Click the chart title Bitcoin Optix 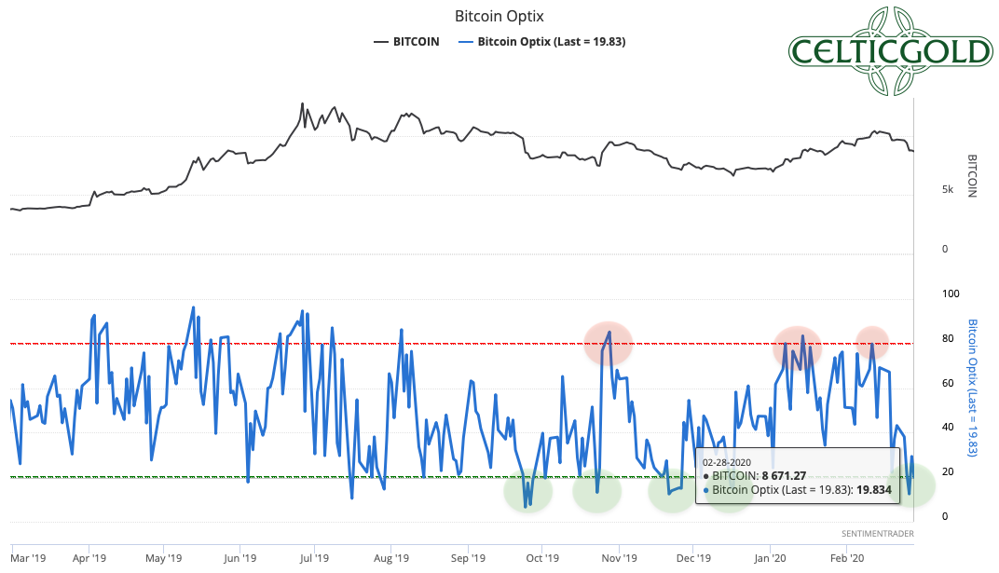click(499, 17)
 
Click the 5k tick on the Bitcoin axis click(948, 189)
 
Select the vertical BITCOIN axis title click(973, 175)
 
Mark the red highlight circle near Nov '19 click(609, 343)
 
